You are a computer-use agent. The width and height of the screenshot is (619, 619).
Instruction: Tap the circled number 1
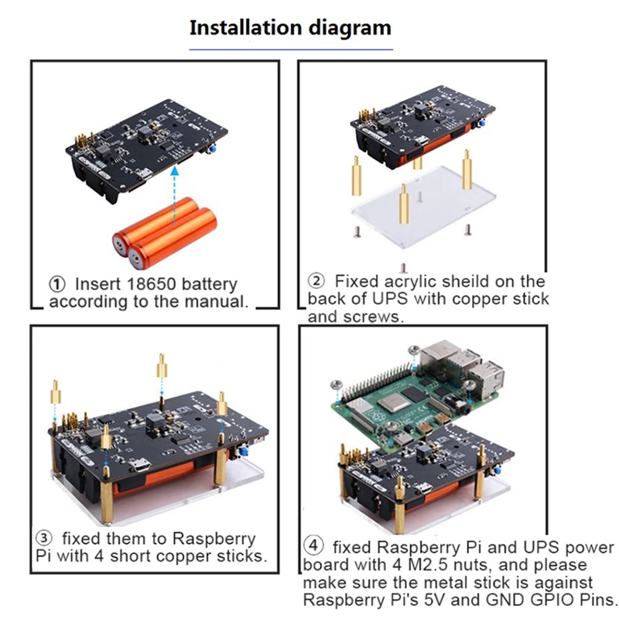tap(57, 284)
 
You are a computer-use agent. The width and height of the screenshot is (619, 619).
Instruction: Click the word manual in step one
tap(213, 302)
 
